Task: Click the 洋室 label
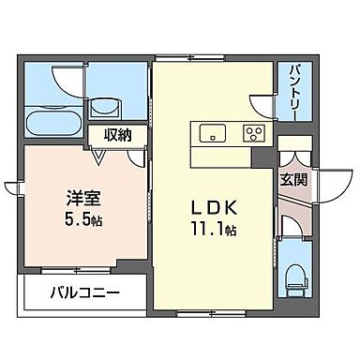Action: tap(79, 199)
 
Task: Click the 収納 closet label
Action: tap(117, 134)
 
